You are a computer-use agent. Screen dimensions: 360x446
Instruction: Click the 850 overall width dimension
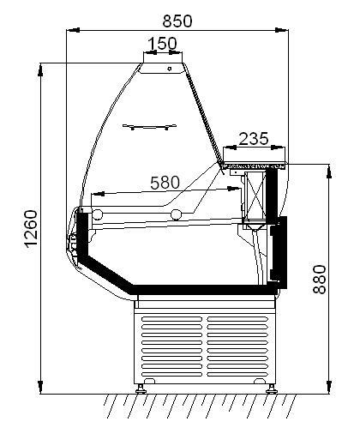[177, 21]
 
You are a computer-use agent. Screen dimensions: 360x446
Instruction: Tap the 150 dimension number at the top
[163, 44]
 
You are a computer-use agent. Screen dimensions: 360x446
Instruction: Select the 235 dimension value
[254, 139]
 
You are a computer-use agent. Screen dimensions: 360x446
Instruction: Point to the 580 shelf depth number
[165, 183]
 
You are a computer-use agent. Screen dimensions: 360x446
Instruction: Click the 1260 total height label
[31, 229]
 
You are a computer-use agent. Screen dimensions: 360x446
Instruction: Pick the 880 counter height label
[320, 280]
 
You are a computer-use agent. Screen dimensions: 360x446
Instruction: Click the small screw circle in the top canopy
[170, 69]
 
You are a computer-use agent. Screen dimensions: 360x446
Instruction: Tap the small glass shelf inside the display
[149, 126]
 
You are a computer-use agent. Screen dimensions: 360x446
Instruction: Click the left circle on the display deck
[98, 214]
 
